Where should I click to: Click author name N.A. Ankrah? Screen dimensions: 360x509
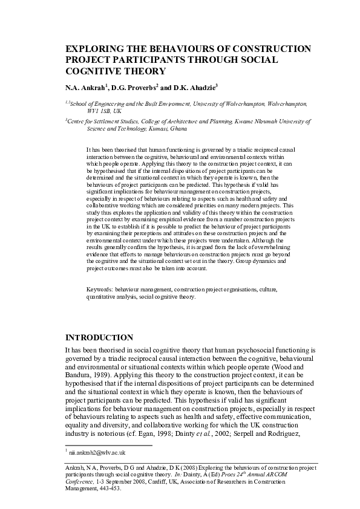85,87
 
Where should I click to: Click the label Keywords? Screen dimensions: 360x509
99,290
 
